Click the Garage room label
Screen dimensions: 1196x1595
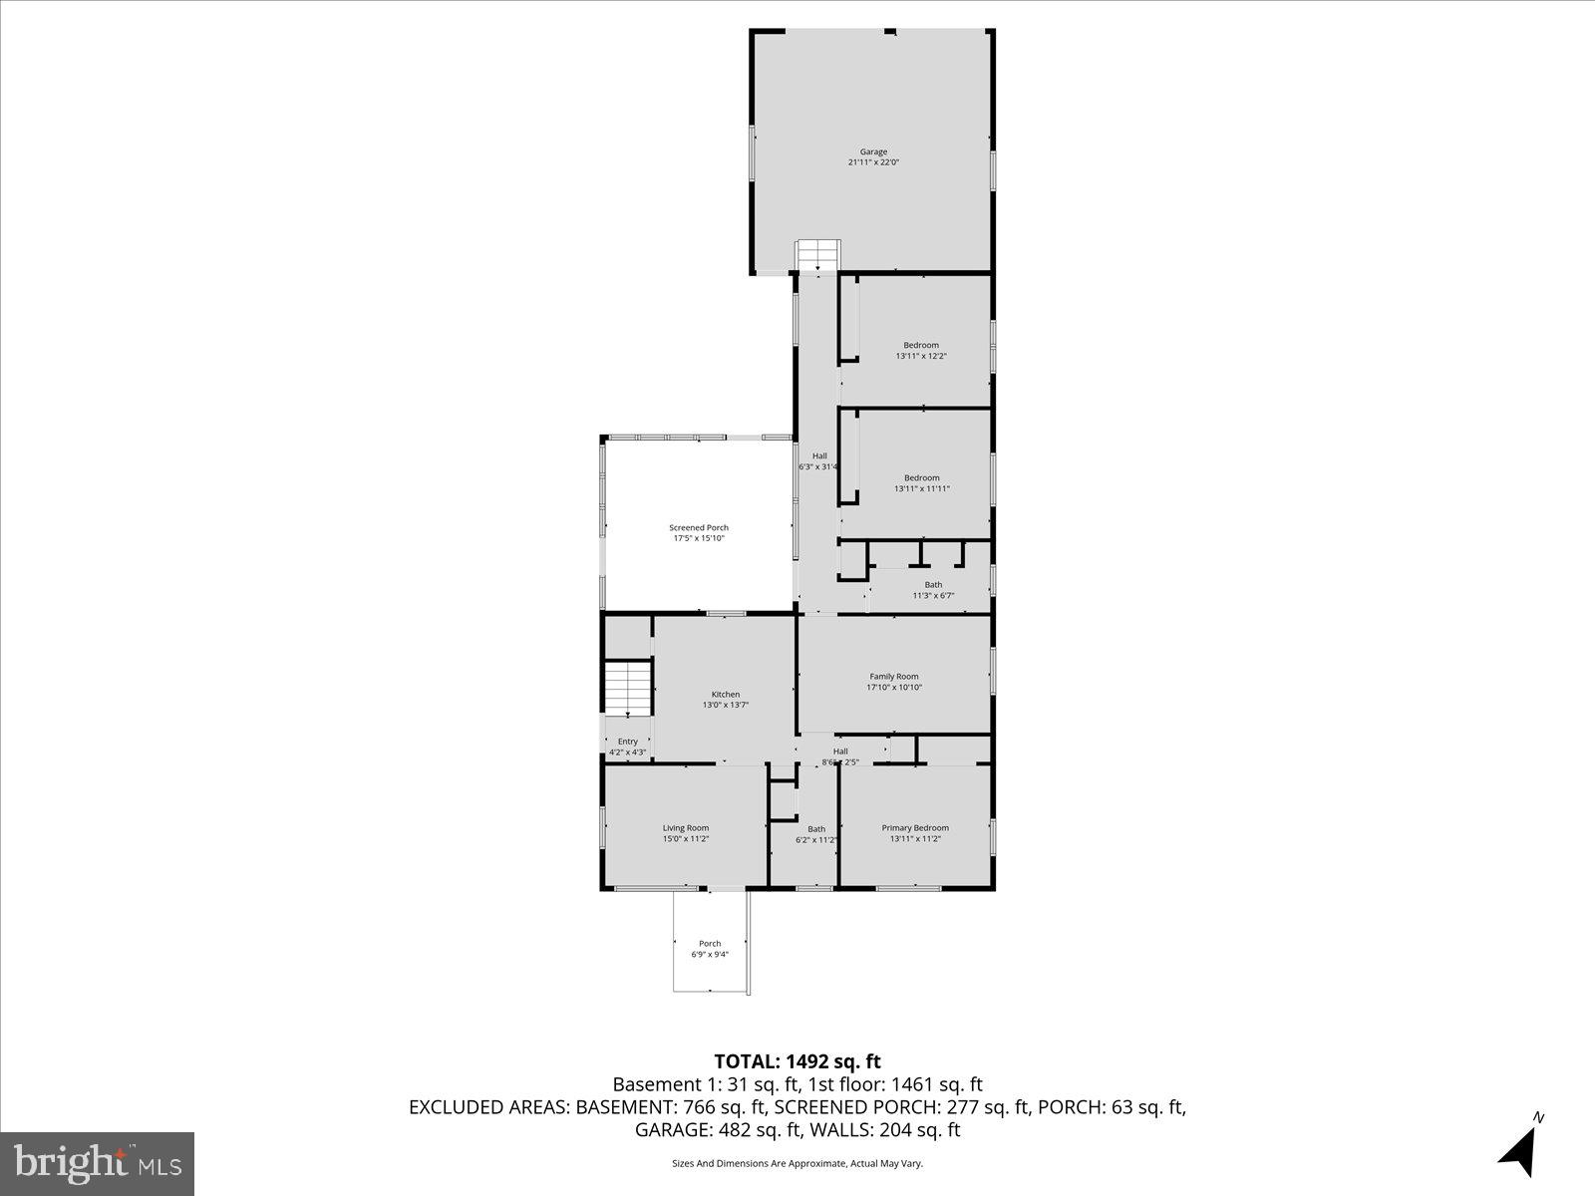tap(873, 152)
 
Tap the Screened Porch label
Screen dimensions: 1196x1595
tap(698, 528)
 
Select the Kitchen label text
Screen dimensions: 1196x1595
tap(725, 695)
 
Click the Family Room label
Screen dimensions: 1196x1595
tap(893, 677)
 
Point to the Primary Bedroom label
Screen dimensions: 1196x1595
tap(915, 828)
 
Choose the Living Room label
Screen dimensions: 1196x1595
tap(686, 828)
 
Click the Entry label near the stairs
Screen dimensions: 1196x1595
tap(627, 742)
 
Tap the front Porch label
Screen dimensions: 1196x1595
tap(710, 944)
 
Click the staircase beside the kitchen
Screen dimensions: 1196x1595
tap(627, 688)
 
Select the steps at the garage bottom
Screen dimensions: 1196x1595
tap(817, 255)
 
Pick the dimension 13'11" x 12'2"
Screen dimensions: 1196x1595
tap(921, 356)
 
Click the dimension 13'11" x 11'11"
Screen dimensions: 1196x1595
tap(921, 488)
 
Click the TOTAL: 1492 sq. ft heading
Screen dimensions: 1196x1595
tap(797, 1061)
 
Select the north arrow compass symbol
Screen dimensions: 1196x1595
tap(1519, 1151)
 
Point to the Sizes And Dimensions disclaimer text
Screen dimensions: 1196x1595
tap(797, 1163)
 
